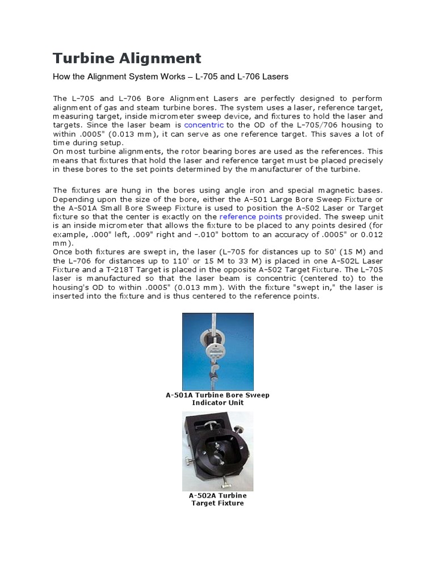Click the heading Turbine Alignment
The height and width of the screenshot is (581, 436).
tap(127, 58)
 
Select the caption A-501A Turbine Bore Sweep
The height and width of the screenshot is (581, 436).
tap(217, 395)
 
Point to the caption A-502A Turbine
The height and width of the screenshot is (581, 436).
tap(217, 495)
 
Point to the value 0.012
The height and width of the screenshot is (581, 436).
tap(372, 234)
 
